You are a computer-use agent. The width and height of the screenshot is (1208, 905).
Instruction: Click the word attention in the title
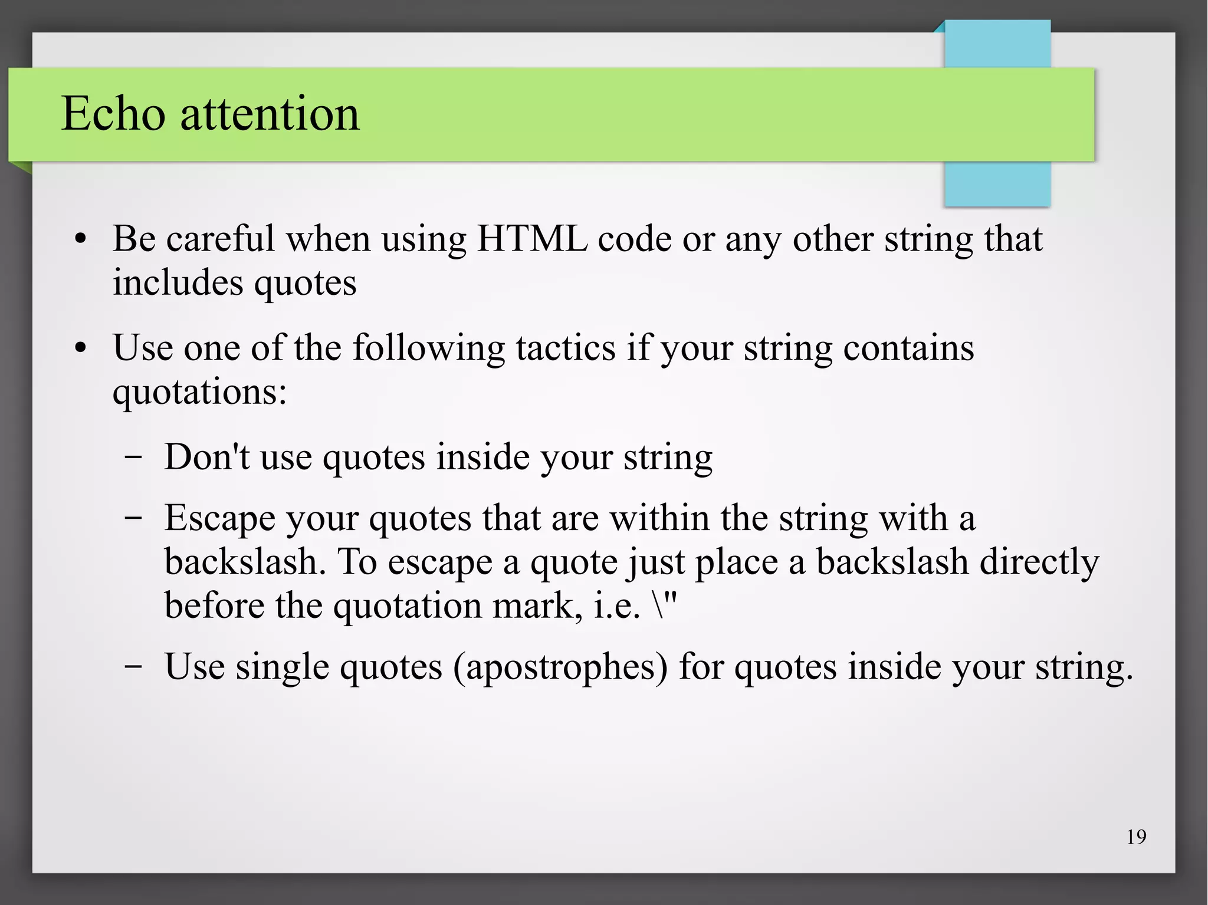(270, 114)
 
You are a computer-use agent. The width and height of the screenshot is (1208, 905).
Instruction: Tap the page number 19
(1136, 837)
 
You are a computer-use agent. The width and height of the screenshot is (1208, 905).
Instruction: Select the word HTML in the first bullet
(532, 239)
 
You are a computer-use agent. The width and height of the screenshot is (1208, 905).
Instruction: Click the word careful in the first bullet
(221, 239)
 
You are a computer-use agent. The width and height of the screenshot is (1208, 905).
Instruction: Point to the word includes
(178, 282)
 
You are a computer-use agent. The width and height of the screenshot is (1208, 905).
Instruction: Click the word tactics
(566, 348)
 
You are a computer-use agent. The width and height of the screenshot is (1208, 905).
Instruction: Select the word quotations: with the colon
(199, 393)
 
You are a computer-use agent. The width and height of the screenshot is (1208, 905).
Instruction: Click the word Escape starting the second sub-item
(219, 518)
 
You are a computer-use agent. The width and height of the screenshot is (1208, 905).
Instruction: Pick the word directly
(1039, 562)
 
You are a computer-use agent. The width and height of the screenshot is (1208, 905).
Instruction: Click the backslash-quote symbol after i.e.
(665, 605)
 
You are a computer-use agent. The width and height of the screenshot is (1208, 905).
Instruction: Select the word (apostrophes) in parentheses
(560, 667)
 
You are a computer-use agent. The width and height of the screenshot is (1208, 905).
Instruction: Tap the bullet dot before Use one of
(81, 349)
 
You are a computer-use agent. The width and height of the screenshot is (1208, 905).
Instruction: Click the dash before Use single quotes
(133, 666)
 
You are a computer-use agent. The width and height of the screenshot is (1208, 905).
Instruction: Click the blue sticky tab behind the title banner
(997, 183)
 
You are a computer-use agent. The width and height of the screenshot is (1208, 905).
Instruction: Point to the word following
(429, 348)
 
